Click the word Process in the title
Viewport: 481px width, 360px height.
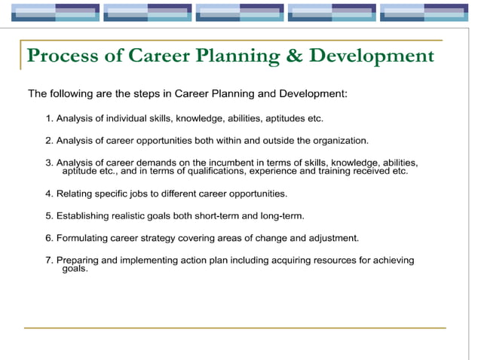(63, 56)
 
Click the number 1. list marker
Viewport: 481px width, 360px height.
(50, 118)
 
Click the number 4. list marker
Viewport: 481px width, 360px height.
(50, 194)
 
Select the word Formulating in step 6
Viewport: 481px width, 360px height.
(82, 238)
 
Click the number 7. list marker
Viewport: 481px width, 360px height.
(50, 261)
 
